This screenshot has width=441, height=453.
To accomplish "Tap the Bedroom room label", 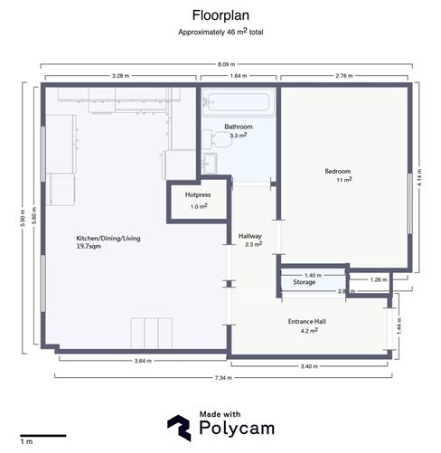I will click(x=337, y=172).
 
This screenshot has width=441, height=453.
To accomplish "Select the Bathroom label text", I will click(x=239, y=127).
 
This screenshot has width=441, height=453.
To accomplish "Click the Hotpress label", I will click(x=197, y=194).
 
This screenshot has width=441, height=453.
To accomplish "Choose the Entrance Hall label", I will click(x=308, y=323).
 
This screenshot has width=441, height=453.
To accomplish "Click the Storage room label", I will click(x=304, y=283).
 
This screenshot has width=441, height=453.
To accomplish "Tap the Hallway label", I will click(x=250, y=236).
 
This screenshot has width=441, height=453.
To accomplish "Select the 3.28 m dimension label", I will click(x=118, y=76).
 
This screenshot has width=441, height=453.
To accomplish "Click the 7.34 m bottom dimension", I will click(x=223, y=378).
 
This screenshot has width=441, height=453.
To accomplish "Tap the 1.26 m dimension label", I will click(x=378, y=280).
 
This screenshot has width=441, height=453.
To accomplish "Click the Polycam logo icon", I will click(x=178, y=427).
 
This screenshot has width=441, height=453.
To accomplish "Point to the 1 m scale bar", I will click(x=42, y=436).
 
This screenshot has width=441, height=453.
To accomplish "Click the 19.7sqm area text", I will click(x=95, y=246).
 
